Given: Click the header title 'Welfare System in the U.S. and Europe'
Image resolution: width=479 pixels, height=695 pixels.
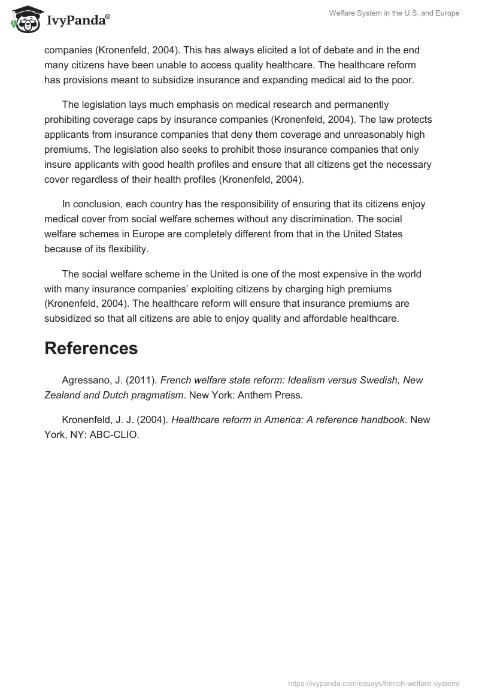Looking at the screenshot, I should [394, 13].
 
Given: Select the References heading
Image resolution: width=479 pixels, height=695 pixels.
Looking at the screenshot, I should [91, 348].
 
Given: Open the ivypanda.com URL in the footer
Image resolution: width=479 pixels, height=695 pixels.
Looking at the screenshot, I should [374, 683].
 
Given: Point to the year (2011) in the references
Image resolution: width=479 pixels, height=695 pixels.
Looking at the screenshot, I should [143, 380].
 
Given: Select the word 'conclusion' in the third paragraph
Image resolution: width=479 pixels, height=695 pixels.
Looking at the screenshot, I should [97, 204].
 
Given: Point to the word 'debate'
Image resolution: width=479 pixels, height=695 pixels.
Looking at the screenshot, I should [317, 51].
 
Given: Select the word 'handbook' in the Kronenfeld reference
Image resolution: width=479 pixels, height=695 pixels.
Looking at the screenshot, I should [379, 420].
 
